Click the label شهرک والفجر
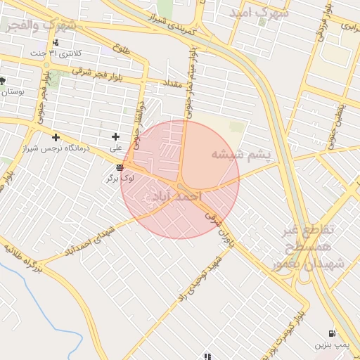[x=41, y=25]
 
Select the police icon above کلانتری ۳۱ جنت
[x=56, y=43]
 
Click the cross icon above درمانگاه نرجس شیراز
[x=56, y=136]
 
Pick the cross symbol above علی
[x=116, y=136]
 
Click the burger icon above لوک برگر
[x=120, y=167]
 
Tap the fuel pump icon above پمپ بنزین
[x=331, y=333]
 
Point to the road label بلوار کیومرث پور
[x=288, y=326]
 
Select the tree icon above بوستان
[x=3, y=81]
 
